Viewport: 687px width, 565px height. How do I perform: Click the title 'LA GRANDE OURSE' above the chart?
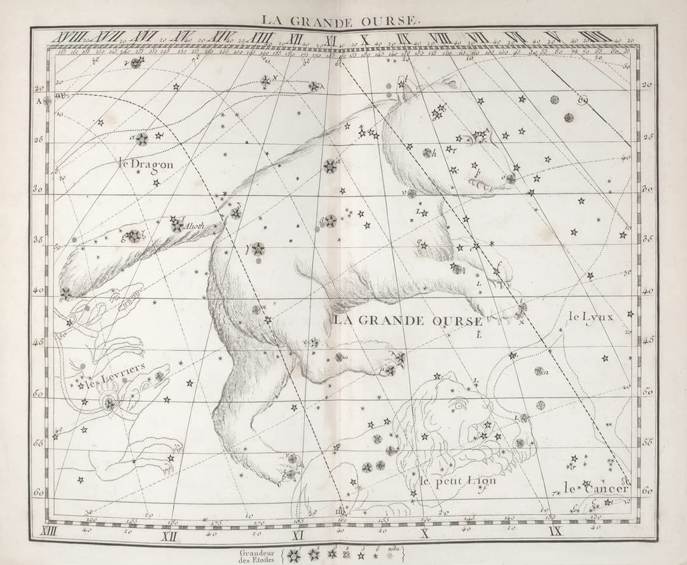(343, 20)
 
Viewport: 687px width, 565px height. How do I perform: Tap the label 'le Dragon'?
(146, 164)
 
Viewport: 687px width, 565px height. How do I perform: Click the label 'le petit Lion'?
(457, 481)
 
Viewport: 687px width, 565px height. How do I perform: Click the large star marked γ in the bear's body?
(258, 249)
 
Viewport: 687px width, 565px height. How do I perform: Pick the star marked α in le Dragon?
(141, 139)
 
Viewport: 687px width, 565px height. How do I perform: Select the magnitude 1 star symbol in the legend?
(293, 555)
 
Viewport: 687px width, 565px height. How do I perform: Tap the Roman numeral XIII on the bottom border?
(49, 531)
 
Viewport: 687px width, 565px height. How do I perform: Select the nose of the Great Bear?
(511, 179)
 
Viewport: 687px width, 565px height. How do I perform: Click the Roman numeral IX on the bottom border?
(555, 531)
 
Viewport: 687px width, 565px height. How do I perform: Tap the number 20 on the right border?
(646, 85)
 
